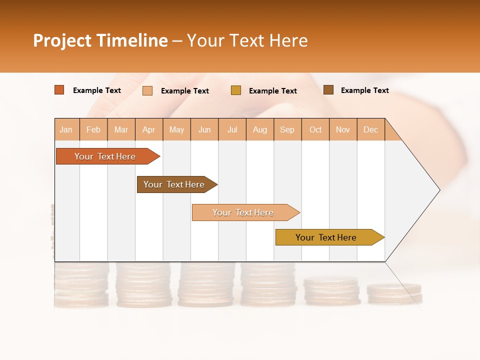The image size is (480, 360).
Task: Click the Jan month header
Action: point(66,129)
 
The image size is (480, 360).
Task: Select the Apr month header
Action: point(149,129)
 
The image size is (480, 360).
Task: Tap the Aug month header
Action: point(260,129)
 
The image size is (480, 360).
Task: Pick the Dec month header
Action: point(371,129)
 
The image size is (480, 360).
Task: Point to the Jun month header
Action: point(204,129)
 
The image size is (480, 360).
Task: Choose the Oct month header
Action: point(315,129)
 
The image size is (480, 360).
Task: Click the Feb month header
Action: point(93,129)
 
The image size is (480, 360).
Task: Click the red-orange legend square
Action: point(59,90)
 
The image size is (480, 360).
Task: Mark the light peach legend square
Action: point(147,90)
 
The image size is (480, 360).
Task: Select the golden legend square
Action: point(236,90)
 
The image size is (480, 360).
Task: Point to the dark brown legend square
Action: point(328,90)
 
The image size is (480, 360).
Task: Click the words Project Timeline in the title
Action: point(100,40)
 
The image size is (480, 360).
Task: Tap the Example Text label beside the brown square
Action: point(364,90)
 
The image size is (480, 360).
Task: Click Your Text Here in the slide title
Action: point(247,40)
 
